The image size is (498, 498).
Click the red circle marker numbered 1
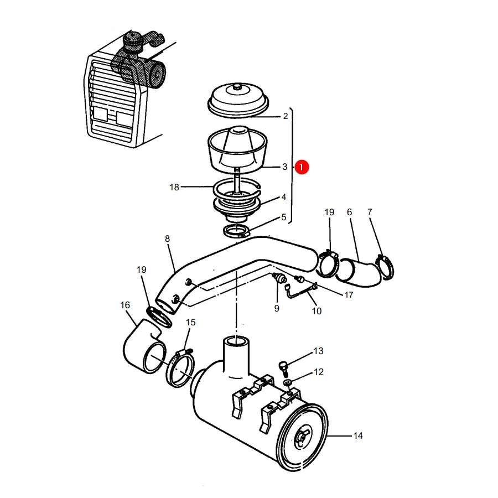pos(302,167)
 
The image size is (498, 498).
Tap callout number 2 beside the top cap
pos(286,116)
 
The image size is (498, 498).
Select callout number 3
pos(285,167)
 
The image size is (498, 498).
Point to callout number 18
pos(174,187)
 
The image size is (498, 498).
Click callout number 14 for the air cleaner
pos(358,435)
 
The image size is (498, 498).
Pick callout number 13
pos(318,351)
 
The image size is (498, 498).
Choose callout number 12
pos(319,372)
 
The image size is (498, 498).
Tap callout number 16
pos(125,305)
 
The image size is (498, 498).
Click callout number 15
pos(190,322)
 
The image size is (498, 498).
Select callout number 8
pos(167,238)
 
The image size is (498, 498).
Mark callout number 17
pos(349,295)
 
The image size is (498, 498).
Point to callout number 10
pos(317,311)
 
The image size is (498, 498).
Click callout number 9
pos(277,308)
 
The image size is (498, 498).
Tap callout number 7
pos(370,211)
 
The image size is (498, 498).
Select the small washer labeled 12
pos(287,382)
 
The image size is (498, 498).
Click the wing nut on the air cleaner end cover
pos(301,437)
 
